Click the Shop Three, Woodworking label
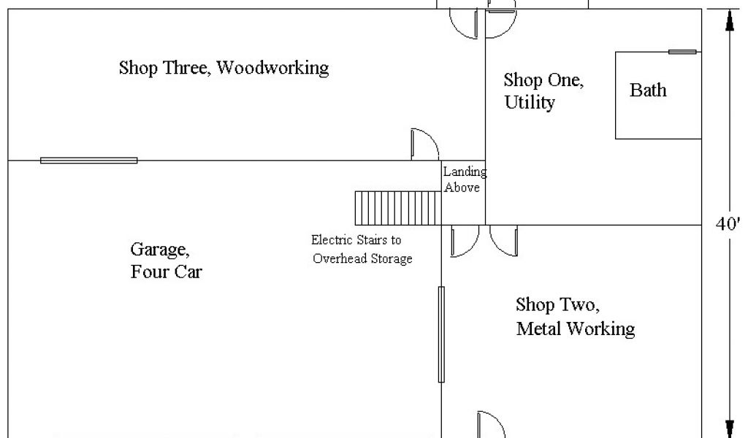224,68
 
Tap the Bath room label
648,91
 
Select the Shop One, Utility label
543,91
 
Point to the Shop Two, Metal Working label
575,316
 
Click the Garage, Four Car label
166,261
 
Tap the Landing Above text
464,180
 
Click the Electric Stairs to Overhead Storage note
362,249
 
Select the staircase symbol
397,208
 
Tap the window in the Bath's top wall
682,52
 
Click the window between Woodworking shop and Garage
88,160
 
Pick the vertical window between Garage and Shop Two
441,334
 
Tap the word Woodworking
273,68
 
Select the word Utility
530,102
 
